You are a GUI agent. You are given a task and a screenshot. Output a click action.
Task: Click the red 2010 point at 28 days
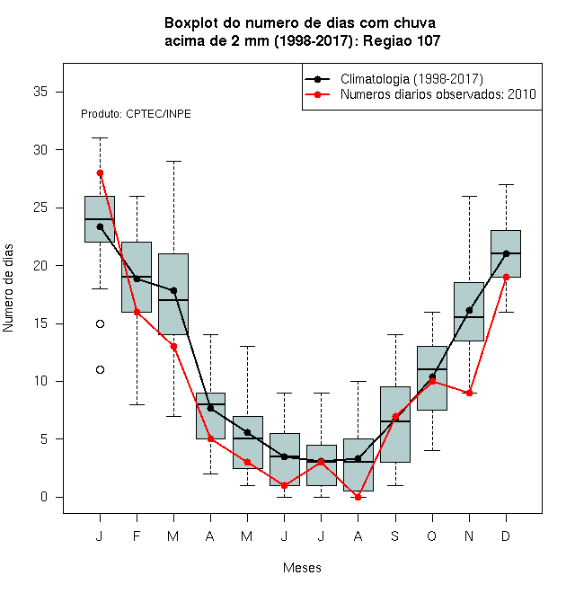point(100,173)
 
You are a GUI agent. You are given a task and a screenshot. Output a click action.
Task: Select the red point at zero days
point(358,497)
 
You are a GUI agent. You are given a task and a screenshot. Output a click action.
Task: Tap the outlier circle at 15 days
point(100,323)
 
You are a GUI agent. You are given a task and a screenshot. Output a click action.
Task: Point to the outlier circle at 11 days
point(100,369)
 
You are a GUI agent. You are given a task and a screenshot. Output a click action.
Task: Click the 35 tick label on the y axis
point(40,92)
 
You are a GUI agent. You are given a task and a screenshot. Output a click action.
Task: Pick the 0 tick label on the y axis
point(44,497)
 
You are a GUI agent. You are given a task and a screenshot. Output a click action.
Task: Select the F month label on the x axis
point(137,535)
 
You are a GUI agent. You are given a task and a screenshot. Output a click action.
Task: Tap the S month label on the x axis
point(395,535)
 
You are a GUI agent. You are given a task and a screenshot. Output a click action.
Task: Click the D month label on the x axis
point(506,535)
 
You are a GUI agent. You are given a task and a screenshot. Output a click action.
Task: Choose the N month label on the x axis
point(469,535)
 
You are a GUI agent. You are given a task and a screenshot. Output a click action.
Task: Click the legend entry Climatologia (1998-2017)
point(394,79)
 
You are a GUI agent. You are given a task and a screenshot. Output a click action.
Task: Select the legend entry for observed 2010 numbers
point(420,94)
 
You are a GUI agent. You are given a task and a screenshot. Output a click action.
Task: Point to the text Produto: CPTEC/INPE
point(136,114)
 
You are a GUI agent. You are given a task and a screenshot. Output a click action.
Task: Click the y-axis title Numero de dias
point(8,288)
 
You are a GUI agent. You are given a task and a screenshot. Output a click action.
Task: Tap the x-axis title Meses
point(302,568)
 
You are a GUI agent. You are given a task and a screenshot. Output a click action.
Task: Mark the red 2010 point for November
point(469,393)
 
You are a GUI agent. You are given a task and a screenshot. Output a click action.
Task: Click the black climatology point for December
point(506,253)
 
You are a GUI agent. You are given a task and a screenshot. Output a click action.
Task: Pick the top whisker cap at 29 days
point(173,161)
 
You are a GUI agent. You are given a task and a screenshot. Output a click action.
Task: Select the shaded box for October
point(432,378)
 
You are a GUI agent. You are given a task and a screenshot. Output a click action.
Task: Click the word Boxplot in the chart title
point(191,23)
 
